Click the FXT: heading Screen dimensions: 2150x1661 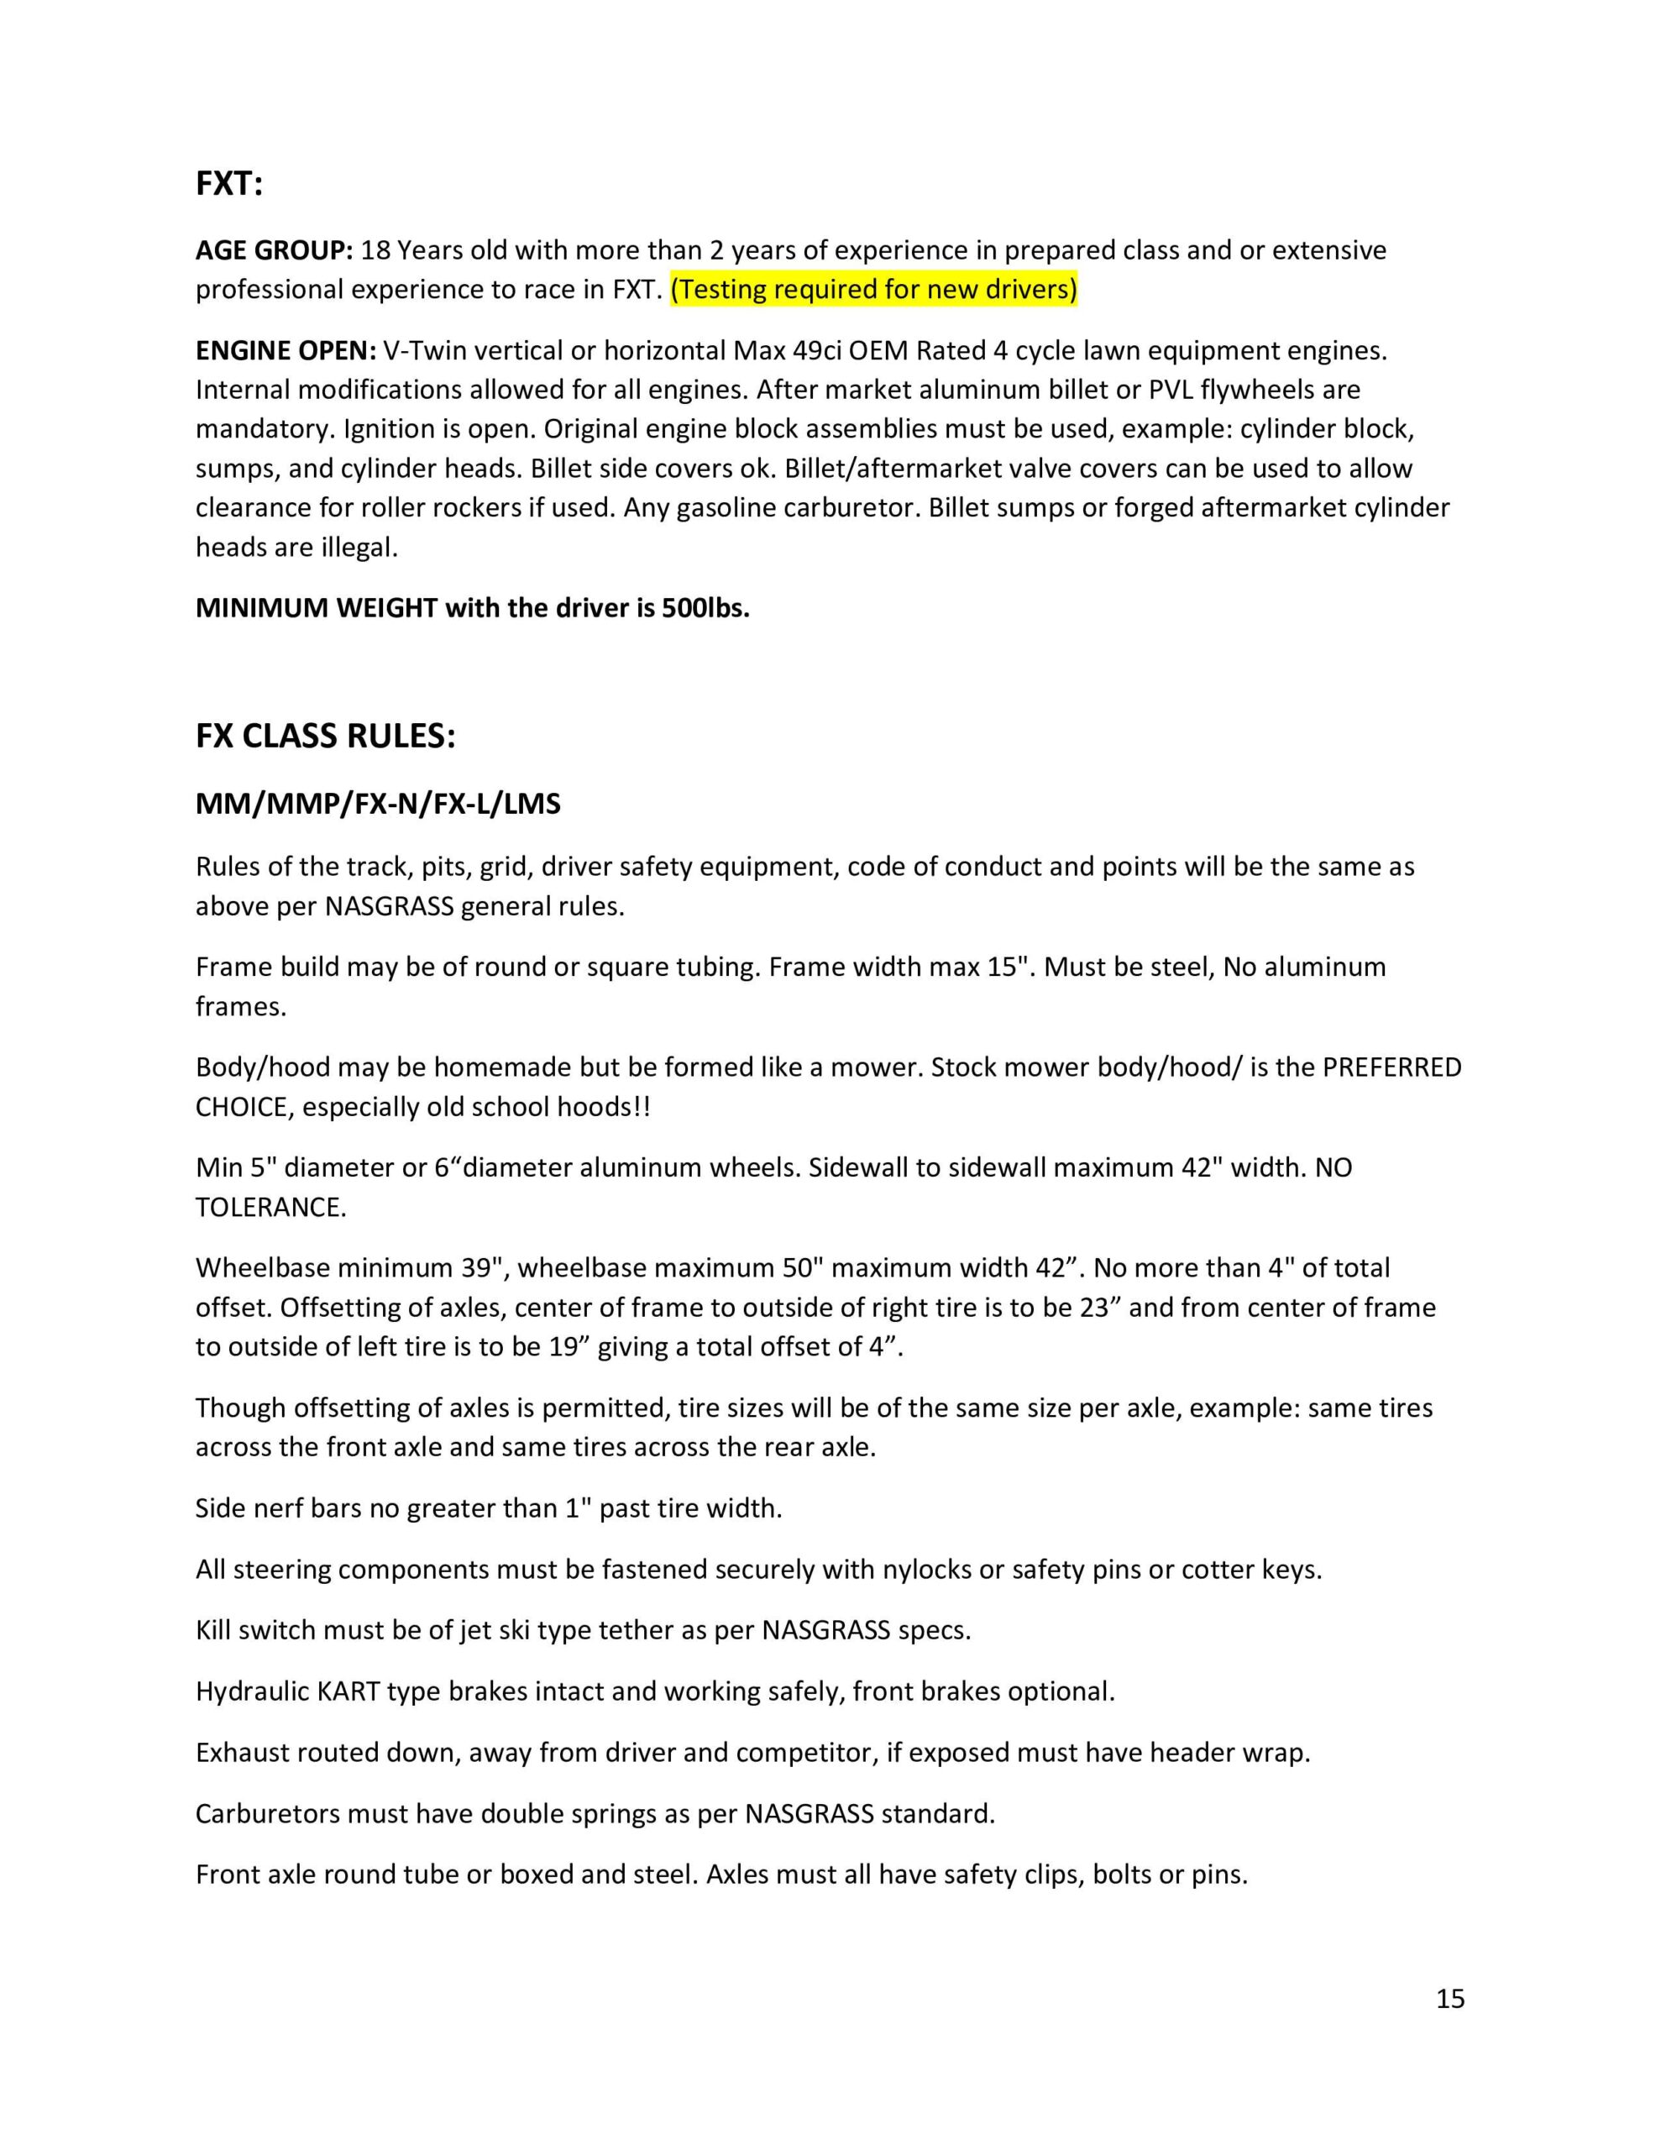coord(228,184)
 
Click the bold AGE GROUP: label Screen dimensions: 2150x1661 coord(274,250)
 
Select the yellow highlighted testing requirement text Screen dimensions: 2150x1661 coord(873,290)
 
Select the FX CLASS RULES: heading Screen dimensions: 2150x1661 coord(325,737)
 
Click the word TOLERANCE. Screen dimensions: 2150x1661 coord(270,1207)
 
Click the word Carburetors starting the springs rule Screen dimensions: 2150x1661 coord(267,1813)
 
